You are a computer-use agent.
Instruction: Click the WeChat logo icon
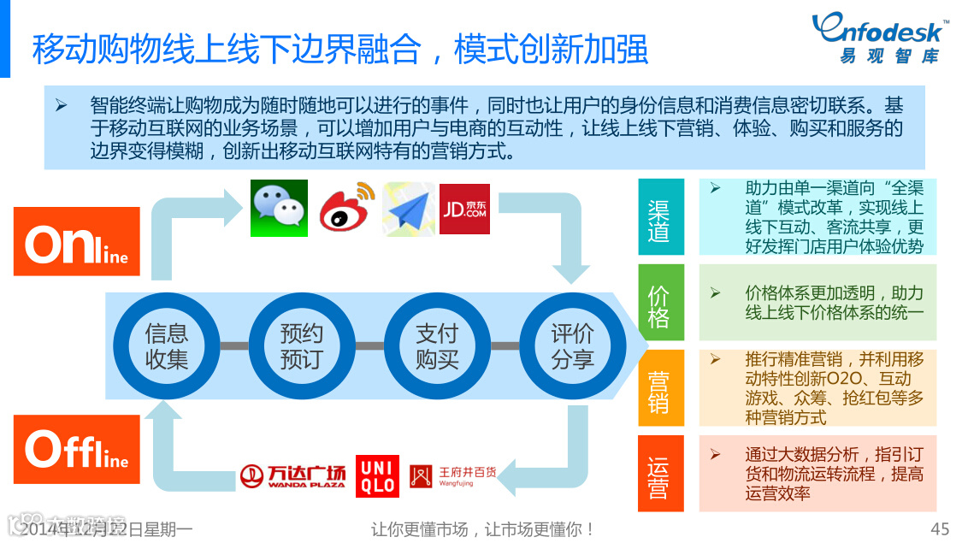tap(279, 209)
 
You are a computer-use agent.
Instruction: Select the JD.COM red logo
tap(464, 209)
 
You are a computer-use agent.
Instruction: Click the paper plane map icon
tap(408, 209)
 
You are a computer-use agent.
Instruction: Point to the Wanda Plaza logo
tap(292, 476)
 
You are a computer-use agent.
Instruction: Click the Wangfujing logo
tap(452, 476)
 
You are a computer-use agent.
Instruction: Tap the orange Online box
tap(77, 241)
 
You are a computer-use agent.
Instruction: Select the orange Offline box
tap(77, 449)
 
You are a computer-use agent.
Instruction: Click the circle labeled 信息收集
tap(167, 345)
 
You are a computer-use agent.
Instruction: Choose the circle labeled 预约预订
tap(302, 345)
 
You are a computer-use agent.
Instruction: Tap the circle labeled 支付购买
tap(437, 345)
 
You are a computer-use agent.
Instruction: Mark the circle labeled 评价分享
tap(572, 345)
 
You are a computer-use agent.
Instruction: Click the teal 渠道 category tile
tap(661, 217)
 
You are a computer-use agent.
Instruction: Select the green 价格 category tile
tap(661, 303)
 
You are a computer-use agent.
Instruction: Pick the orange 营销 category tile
tap(661, 388)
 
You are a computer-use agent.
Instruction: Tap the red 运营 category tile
tap(661, 474)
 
